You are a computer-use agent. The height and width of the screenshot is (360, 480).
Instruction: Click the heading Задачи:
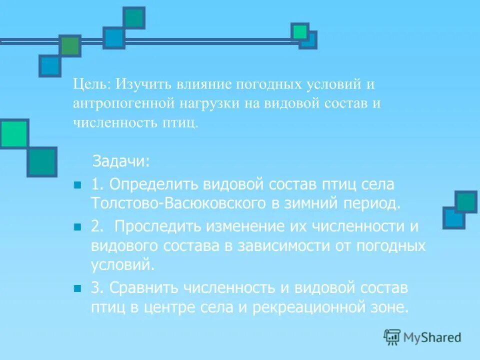pos(120,161)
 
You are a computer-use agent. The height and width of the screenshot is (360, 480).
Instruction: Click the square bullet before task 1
pos(77,185)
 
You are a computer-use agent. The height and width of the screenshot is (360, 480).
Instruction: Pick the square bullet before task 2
pos(77,227)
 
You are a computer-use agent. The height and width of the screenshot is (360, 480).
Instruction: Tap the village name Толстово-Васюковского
pos(179,203)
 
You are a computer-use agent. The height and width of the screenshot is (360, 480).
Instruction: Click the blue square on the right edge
pos(453,218)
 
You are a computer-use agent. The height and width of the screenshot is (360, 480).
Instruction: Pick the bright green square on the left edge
pos(13,133)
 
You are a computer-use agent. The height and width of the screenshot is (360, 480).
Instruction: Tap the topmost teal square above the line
pos(134,18)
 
